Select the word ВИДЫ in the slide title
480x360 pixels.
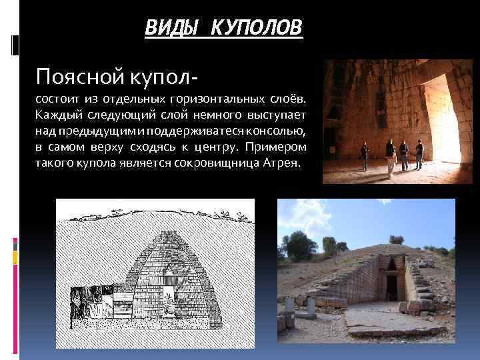(x=170, y=28)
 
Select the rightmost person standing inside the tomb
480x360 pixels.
(x=419, y=154)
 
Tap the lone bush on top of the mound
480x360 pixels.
(x=396, y=239)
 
